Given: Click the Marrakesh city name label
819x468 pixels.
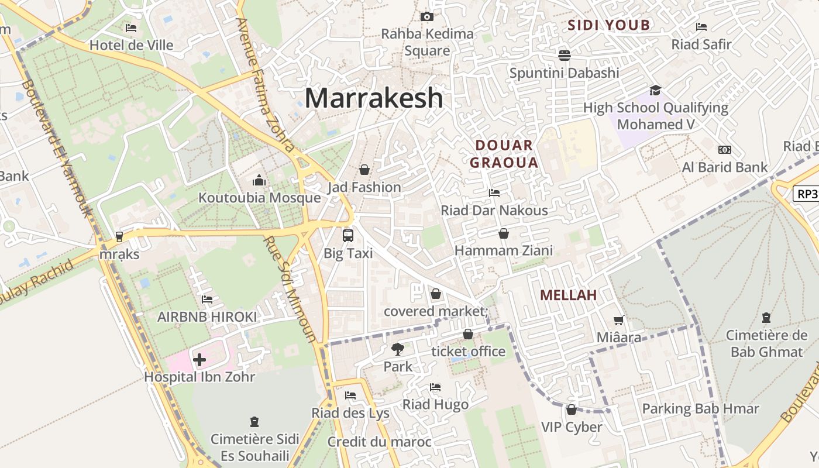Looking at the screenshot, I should [x=374, y=98].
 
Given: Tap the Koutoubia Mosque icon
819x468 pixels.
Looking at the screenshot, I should [x=259, y=180].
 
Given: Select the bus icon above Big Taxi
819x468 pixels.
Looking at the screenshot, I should [x=348, y=236].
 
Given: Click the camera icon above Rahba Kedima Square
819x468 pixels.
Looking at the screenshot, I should [x=427, y=16].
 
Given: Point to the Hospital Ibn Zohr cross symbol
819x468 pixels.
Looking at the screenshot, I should [x=199, y=359].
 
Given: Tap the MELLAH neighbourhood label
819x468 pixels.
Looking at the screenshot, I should [x=568, y=295].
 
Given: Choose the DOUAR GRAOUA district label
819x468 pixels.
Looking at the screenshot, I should [x=504, y=154].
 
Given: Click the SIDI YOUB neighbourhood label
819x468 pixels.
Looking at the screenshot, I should [x=608, y=25].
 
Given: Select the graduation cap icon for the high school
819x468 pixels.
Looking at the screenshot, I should [x=655, y=90].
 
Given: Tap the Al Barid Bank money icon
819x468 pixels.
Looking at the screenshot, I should [x=725, y=150].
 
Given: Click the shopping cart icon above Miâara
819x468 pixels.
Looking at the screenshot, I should [x=618, y=320].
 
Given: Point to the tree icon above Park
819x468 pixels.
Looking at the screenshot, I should [x=398, y=349].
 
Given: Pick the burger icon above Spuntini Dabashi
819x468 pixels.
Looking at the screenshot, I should [x=564, y=55].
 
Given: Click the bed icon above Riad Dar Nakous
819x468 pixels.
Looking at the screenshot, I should [x=494, y=192].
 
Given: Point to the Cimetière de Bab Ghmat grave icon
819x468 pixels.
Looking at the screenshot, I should [x=766, y=318].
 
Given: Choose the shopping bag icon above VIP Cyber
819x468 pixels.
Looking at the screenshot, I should [x=572, y=409].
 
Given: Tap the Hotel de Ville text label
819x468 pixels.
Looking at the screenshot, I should [x=132, y=45].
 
